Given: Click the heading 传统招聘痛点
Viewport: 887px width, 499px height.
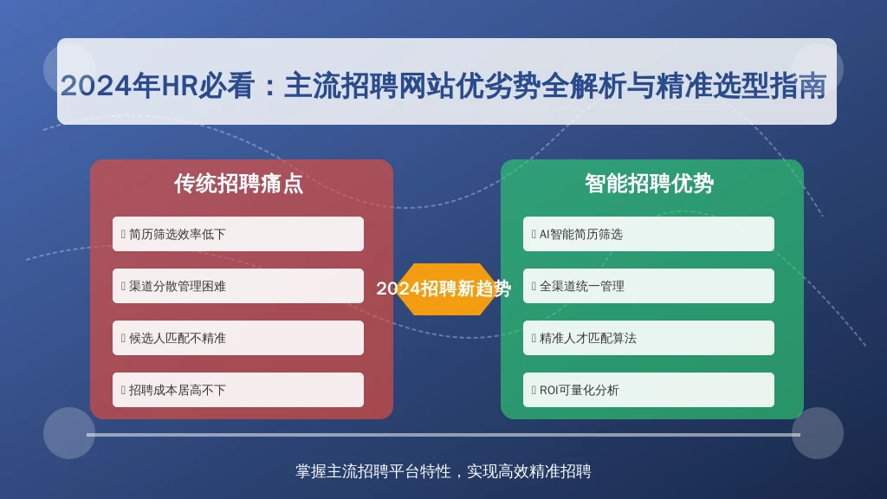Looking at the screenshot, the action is (238, 184).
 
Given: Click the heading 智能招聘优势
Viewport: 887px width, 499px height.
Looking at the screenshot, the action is (649, 184).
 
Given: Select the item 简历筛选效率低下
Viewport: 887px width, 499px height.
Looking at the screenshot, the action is (238, 234).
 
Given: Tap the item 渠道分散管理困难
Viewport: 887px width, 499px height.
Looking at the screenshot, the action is (238, 286).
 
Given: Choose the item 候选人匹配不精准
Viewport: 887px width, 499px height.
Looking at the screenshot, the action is (238, 338).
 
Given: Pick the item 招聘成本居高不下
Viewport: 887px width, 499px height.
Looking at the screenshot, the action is (238, 390).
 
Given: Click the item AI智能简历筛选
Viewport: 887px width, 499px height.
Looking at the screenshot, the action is (649, 234).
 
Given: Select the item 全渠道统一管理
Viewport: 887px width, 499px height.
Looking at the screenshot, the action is (649, 286).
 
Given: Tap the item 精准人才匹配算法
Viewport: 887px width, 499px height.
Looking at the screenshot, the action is (649, 338).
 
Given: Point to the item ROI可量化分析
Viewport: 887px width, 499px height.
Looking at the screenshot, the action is (649, 390).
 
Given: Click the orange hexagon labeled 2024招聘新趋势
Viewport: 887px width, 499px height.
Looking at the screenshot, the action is (443, 289).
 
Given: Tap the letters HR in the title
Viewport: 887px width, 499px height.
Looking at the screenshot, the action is (178, 86).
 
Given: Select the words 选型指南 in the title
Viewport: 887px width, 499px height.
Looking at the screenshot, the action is (769, 86).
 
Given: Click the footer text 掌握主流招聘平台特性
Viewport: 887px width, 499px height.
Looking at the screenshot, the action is (373, 471).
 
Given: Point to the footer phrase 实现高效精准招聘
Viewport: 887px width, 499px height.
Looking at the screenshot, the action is (529, 471).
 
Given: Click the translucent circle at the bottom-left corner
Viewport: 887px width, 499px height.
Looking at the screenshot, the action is (69, 433).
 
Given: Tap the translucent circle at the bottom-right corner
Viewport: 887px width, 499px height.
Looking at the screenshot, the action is (818, 433).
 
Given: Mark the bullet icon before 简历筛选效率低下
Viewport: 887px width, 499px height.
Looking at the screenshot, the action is (123, 234).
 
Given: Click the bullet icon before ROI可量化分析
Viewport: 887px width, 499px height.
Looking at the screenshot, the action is (534, 391).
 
